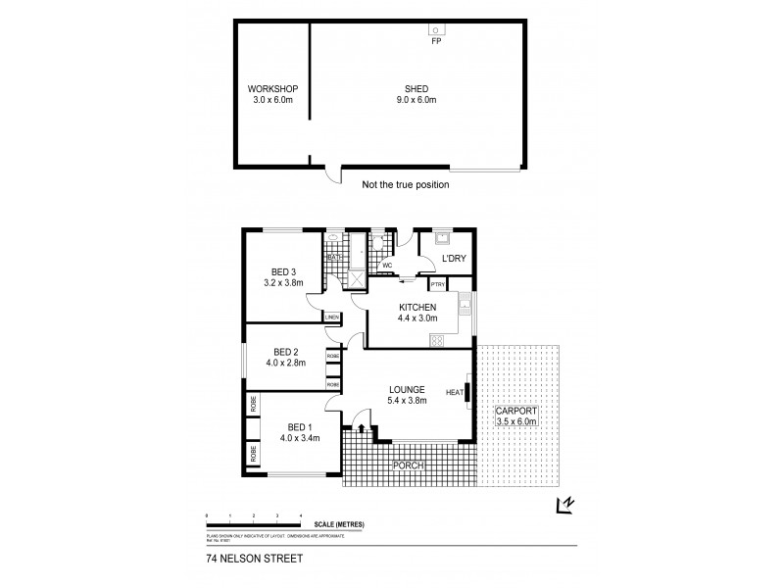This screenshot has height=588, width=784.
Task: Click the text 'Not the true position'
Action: (x=405, y=184)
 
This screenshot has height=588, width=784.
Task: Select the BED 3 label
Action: (x=284, y=273)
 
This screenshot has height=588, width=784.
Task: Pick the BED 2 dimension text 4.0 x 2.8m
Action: (x=285, y=364)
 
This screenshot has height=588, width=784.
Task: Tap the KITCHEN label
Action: (x=417, y=308)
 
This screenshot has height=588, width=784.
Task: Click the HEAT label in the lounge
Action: (x=454, y=393)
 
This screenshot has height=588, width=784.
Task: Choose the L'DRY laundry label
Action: (x=454, y=259)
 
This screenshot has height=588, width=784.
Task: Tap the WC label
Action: (x=387, y=265)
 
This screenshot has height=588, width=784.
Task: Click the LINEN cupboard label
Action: (x=332, y=318)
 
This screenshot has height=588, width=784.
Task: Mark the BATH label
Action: (x=333, y=258)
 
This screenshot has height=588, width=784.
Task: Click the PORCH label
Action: (x=409, y=465)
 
